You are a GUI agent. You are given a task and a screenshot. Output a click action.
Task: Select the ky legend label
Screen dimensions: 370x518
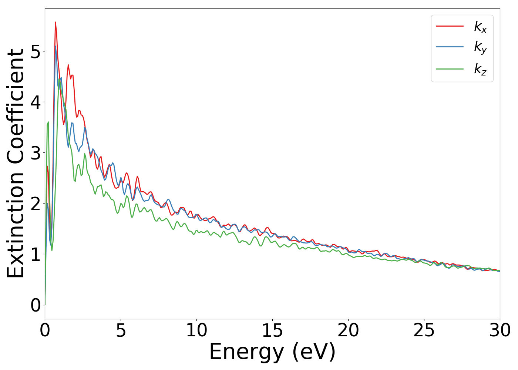(x=480, y=47)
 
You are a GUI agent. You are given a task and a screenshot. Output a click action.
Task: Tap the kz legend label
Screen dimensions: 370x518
(x=480, y=69)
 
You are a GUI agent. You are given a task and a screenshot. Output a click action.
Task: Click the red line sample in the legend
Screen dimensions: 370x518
(x=450, y=26)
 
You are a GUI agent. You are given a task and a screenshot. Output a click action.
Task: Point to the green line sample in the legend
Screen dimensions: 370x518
(x=450, y=68)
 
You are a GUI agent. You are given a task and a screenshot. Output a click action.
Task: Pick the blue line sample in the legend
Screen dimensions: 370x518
(x=450, y=47)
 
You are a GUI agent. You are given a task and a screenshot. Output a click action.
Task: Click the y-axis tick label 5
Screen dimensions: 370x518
(x=36, y=51)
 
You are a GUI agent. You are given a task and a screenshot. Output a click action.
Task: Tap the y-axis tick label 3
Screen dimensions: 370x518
(x=36, y=153)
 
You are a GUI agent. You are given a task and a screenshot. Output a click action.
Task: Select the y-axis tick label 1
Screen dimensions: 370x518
(x=36, y=254)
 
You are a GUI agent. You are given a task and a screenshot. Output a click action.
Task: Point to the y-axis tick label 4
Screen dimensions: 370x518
(x=36, y=102)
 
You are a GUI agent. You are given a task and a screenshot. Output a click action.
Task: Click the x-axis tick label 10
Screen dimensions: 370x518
(x=196, y=330)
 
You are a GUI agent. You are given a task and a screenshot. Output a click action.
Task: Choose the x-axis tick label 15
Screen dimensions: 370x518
(x=272, y=330)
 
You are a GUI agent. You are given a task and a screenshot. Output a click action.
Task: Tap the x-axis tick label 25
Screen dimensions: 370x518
(x=424, y=330)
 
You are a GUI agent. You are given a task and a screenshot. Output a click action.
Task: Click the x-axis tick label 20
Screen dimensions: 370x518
(x=348, y=330)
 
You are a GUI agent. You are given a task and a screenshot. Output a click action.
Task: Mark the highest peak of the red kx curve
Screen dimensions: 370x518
(x=55, y=22)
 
